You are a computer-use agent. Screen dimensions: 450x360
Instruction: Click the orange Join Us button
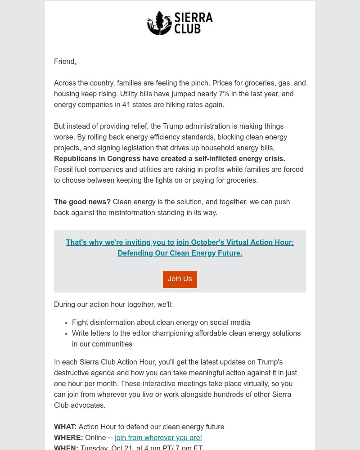tap(180, 279)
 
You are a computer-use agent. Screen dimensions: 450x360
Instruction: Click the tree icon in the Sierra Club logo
tap(159, 23)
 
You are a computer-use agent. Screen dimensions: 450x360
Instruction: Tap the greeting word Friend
tap(64, 62)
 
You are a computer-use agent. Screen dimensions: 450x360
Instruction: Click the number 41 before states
tap(126, 105)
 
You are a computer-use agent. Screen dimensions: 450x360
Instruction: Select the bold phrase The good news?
tap(82, 202)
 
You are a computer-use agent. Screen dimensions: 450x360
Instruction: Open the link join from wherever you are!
tap(158, 438)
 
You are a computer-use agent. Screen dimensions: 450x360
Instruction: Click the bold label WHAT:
tap(65, 427)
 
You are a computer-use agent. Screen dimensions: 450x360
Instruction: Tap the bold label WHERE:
tap(68, 438)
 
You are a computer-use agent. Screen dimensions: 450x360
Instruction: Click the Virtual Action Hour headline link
tap(180, 248)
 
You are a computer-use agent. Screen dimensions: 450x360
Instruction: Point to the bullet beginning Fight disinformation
tap(161, 323)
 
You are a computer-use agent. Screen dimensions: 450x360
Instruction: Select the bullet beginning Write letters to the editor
tap(186, 333)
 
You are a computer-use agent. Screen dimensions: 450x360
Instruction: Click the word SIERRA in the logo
tap(193, 18)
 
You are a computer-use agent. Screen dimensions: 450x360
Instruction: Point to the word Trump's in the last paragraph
tap(269, 362)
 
